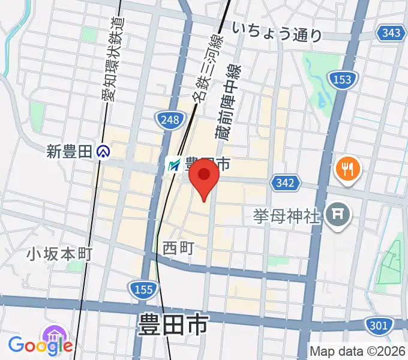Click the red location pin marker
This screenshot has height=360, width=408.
[204, 178]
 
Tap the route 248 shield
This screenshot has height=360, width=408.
[170, 120]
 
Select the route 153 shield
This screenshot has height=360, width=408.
[343, 79]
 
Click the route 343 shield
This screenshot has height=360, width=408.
[392, 32]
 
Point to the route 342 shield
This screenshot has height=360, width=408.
[285, 182]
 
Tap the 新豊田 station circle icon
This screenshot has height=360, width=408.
[104, 152]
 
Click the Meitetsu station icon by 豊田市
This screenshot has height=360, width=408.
[173, 164]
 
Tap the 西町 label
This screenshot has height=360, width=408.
[178, 247]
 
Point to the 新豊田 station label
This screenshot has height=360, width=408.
[71, 152]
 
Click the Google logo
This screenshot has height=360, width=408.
[40, 346]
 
